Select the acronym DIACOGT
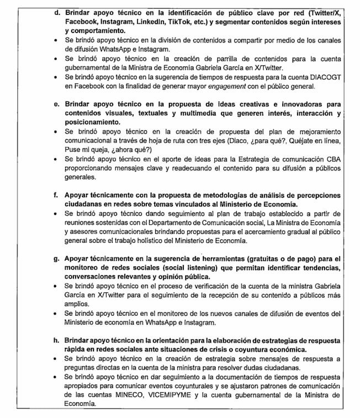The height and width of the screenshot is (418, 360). [x=329, y=77]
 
